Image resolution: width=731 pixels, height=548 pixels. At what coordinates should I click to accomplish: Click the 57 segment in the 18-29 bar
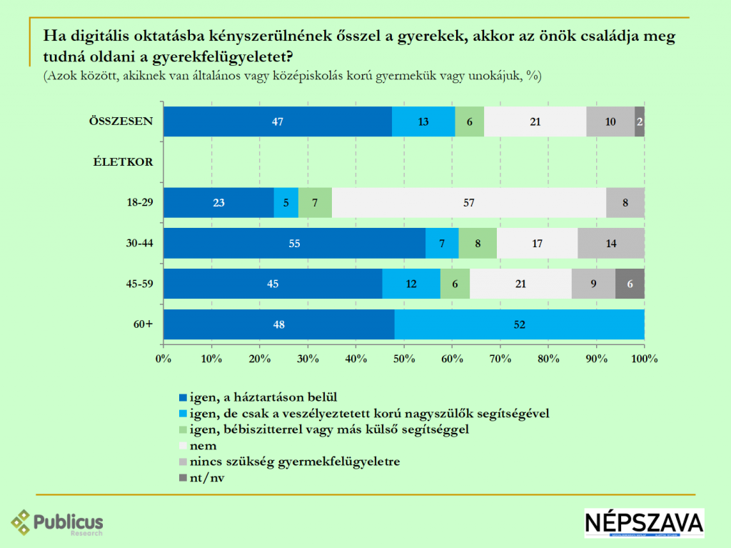pos(469,202)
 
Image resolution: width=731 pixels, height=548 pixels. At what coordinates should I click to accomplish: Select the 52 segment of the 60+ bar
pos(519,324)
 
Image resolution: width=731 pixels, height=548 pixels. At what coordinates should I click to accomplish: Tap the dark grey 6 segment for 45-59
pos(630,284)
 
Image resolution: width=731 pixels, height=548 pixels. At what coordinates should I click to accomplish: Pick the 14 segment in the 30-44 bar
pos(610,243)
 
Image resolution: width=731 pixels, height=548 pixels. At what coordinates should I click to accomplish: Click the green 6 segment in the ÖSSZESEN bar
pos(469,121)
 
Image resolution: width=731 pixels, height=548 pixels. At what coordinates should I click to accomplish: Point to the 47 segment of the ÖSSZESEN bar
pos(278,121)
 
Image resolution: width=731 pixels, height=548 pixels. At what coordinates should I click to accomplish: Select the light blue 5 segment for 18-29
pos(286,202)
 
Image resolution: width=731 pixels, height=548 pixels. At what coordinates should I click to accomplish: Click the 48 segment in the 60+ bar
pos(278,324)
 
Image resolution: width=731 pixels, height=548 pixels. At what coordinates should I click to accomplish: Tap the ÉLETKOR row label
pos(123,161)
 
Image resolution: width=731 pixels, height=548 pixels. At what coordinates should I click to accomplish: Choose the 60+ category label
pos(142,324)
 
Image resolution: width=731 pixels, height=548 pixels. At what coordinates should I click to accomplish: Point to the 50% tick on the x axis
pos(403,357)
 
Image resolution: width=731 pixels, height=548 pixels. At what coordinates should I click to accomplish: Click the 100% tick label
pos(644,357)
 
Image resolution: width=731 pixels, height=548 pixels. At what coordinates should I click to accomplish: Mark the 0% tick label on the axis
pos(163,357)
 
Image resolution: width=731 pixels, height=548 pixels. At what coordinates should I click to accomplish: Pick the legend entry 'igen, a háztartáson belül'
pos(256,397)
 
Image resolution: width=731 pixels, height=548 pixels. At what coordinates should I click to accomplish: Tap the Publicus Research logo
pos(57,523)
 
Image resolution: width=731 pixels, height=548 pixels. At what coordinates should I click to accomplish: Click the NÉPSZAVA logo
pos(644,523)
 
